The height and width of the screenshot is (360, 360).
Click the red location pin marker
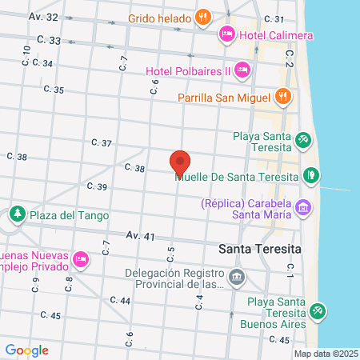180,162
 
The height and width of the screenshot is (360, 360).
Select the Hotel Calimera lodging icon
226,34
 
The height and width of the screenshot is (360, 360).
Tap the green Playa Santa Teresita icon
302,141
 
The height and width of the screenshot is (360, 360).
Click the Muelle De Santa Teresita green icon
310,175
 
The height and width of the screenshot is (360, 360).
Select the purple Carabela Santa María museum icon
302,207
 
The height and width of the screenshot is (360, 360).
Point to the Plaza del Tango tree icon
17,214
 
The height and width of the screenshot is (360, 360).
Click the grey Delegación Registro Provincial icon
237,278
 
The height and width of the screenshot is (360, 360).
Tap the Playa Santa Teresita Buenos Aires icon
318,309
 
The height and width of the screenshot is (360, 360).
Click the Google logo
26,350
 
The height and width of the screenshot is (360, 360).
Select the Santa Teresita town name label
260,248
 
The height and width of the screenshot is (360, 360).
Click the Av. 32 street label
43,16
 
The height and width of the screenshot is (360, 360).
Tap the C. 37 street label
101,142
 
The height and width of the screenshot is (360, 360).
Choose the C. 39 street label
96,186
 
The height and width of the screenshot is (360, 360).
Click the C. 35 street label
54,90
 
